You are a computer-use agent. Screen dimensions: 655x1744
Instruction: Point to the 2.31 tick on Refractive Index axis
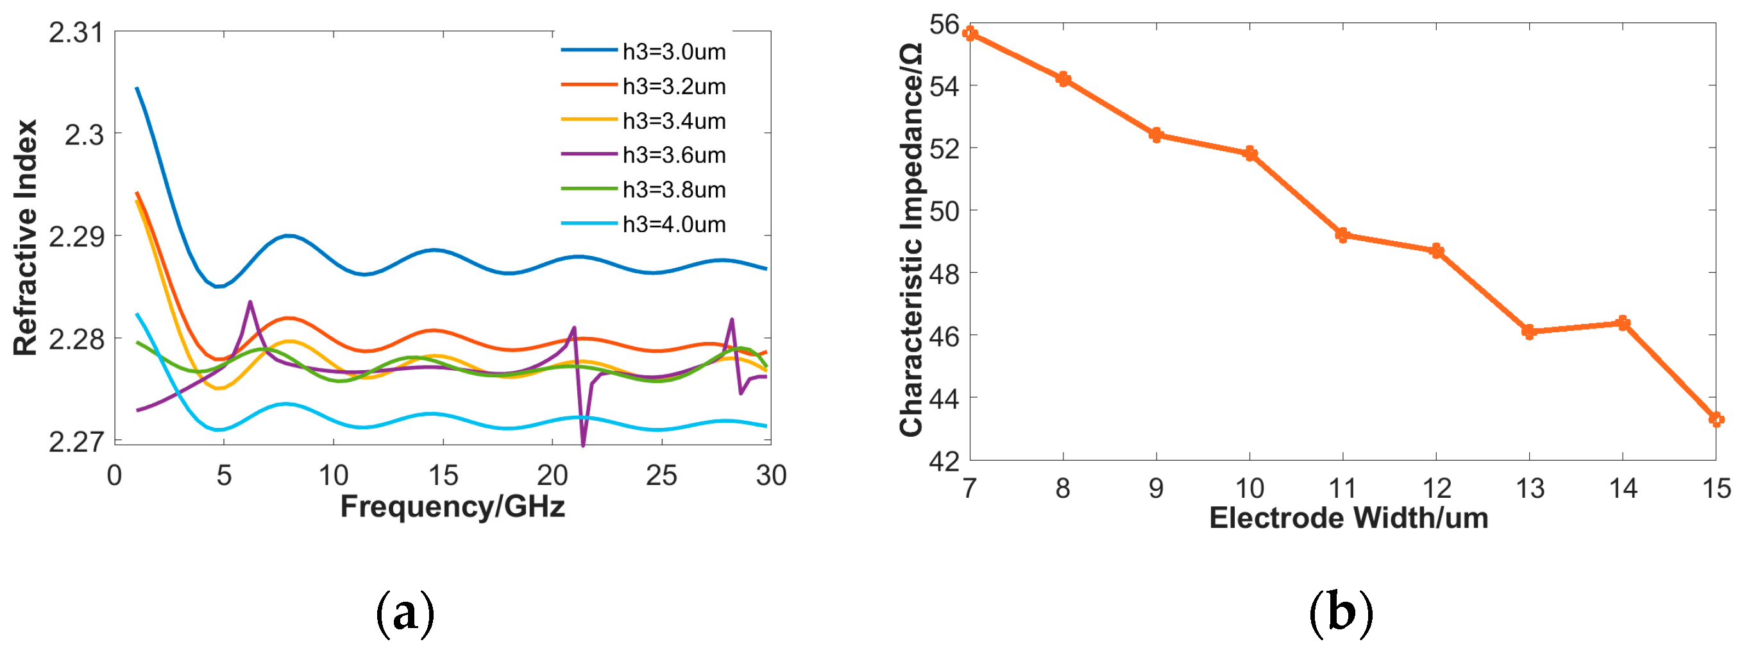76,33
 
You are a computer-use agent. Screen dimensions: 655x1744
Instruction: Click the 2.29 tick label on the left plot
76,237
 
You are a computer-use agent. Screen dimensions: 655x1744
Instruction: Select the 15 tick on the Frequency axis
443,475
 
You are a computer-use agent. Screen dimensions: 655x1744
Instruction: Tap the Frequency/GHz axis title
452,507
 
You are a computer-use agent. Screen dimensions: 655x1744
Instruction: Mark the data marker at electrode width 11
1342,235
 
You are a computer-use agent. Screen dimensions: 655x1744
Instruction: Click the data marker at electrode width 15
1715,420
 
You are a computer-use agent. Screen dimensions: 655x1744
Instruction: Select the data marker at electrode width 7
970,34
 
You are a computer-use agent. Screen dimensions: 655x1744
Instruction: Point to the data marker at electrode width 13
1528,331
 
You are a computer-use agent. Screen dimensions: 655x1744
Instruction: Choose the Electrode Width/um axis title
1349,518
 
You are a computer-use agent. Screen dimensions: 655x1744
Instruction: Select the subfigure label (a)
404,614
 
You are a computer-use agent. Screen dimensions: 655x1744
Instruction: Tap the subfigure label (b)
1341,614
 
